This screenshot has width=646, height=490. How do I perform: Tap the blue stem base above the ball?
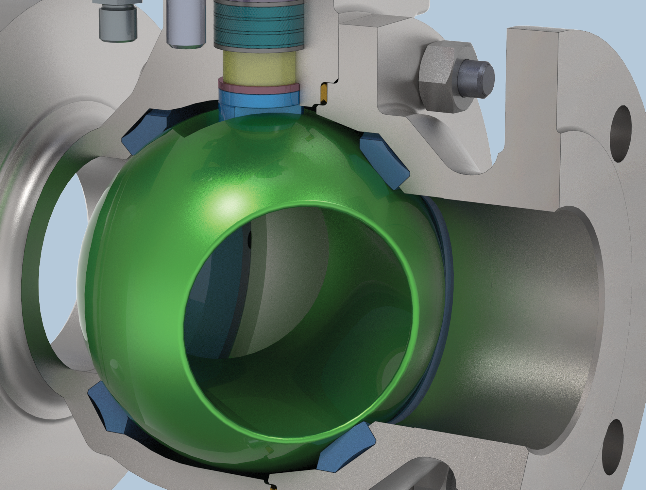coord(260,103)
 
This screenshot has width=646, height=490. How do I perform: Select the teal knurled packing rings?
coord(258,24)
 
